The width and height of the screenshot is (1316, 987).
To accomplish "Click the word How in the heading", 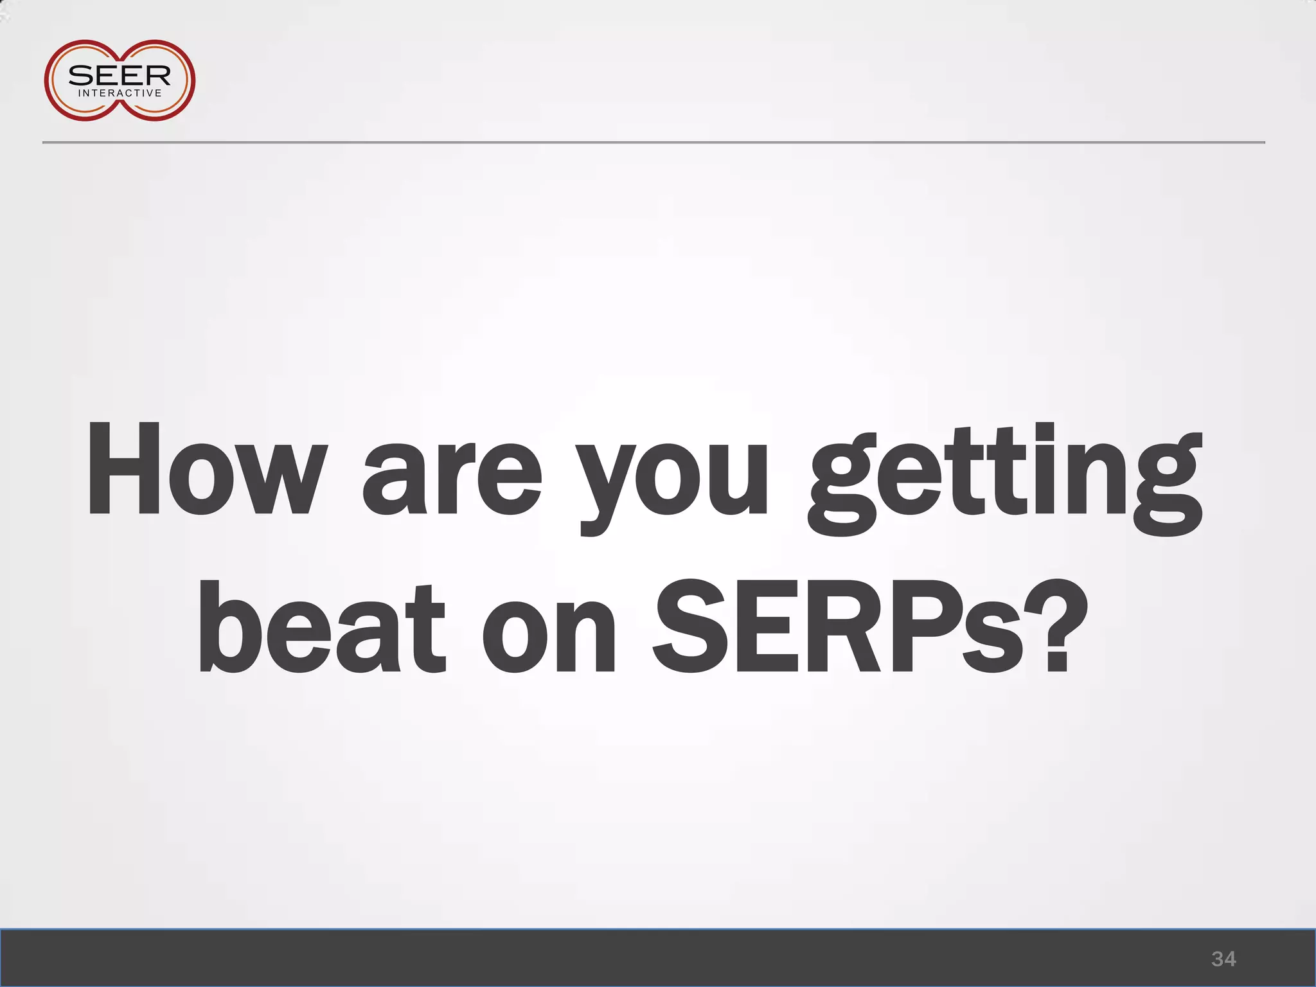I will (x=204, y=469).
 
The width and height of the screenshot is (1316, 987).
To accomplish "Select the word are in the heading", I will (x=452, y=479).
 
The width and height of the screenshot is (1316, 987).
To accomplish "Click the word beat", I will (x=321, y=627).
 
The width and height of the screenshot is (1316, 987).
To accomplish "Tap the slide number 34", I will (x=1223, y=959).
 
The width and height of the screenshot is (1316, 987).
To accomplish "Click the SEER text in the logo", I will (x=120, y=76).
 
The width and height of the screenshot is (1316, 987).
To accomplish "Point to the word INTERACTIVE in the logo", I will (x=120, y=93).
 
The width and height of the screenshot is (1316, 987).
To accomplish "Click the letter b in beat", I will (x=230, y=627).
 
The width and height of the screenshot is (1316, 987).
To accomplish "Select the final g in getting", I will (x=1164, y=488).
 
